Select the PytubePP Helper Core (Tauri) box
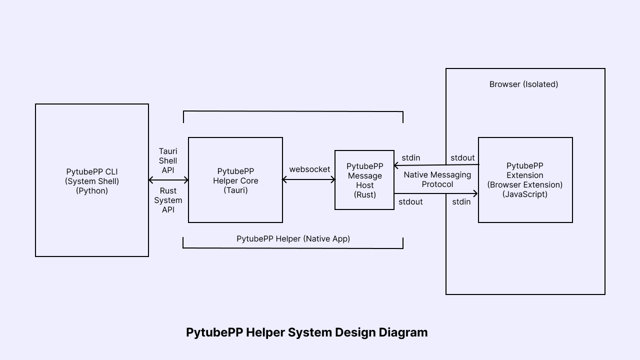235,180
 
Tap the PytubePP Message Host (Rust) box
364,180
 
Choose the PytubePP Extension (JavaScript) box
525,180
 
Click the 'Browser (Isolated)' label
523,84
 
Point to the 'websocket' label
309,169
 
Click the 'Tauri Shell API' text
168,160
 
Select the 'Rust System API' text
168,200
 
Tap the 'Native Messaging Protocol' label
437,179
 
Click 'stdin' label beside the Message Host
410,158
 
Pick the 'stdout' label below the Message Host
410,202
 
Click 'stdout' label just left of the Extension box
462,158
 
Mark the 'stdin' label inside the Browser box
461,202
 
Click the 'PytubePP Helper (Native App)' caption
293,239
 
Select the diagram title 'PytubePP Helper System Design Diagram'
306,332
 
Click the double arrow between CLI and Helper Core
168,180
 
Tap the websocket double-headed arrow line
309,180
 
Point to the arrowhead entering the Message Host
396,165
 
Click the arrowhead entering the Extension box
475,193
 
